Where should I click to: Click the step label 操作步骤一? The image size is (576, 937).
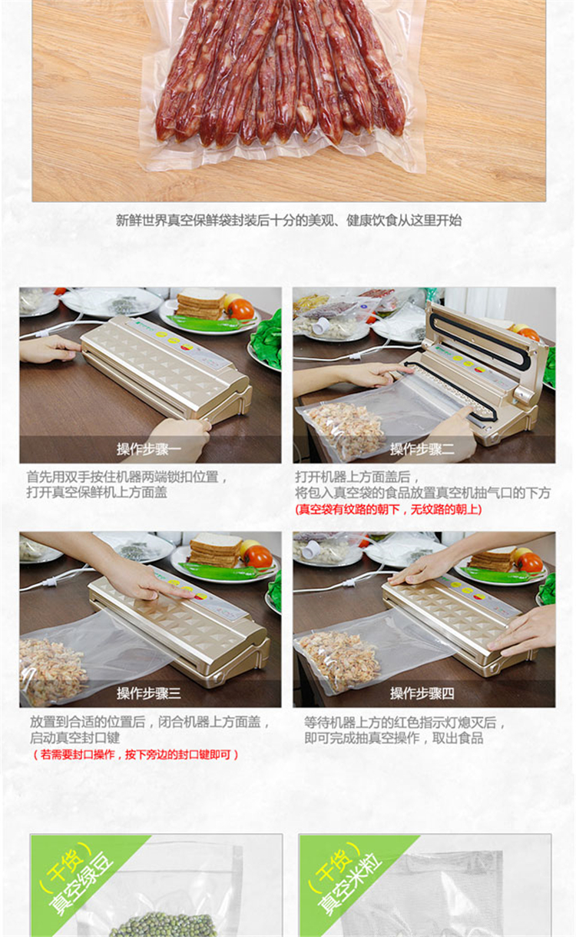pos(149,449)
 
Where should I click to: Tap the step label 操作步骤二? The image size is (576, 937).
pos(422,449)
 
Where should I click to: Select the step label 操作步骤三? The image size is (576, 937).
pos(149,693)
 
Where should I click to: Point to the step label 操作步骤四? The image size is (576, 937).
pos(422,693)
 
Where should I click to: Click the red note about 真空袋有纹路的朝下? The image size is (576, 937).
pos(389,510)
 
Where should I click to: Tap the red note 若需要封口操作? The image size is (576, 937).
pos(135,755)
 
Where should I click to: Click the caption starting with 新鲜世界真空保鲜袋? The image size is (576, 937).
pos(289,221)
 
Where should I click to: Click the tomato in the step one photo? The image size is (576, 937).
pos(240,309)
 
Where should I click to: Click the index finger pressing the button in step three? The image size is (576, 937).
pos(177,593)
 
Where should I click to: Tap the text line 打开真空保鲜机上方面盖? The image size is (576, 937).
pos(97,493)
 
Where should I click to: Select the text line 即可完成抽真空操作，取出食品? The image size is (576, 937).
pos(394,738)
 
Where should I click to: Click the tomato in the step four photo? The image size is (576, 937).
pos(530,563)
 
